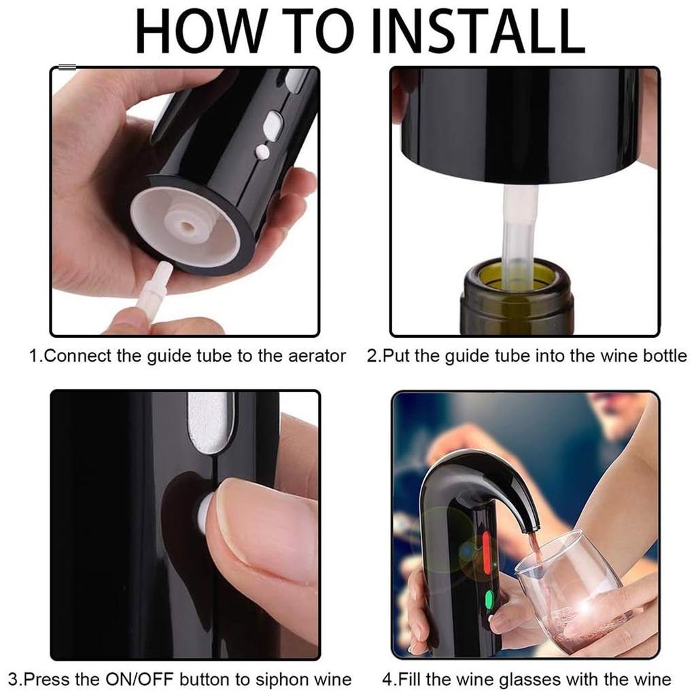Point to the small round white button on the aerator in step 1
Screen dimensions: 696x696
pyautogui.click(x=262, y=152)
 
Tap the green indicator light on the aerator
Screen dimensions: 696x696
pyautogui.click(x=489, y=599)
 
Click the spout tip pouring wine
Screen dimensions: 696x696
pyautogui.click(x=531, y=527)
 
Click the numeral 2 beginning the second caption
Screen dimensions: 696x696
pyautogui.click(x=371, y=356)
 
